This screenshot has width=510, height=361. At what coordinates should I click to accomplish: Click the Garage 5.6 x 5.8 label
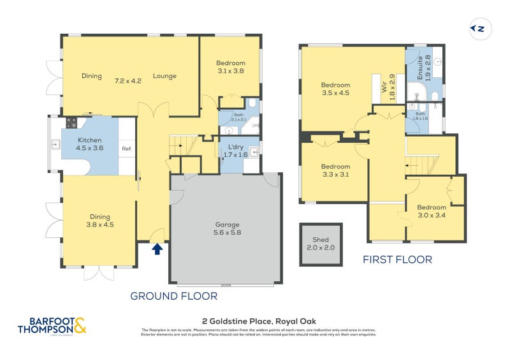[x=227, y=228]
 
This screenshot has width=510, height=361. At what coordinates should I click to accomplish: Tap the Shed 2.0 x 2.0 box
[x=321, y=243]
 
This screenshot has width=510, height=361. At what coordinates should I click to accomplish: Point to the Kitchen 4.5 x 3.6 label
[x=91, y=144]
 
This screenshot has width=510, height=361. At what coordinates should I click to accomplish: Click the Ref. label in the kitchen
[x=127, y=149]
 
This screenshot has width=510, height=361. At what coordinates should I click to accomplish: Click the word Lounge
[x=164, y=77]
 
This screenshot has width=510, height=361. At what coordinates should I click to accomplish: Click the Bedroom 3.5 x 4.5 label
[x=335, y=89]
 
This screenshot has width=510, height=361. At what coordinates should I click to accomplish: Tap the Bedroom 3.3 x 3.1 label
[x=335, y=170]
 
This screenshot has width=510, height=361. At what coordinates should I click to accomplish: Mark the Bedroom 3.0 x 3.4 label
[x=432, y=211]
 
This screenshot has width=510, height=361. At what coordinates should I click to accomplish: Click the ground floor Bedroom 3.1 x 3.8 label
[x=230, y=67]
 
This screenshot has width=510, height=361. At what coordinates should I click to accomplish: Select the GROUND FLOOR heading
[x=173, y=296]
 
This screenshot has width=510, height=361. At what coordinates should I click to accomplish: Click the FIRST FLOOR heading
[x=397, y=260]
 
